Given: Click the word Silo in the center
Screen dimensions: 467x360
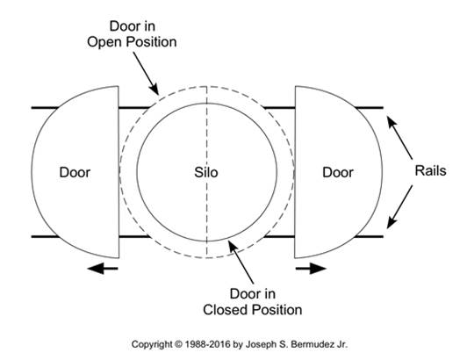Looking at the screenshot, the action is [x=206, y=172].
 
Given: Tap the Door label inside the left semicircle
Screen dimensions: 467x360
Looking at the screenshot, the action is [x=75, y=172].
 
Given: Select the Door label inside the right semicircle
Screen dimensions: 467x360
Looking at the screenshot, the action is [x=338, y=172].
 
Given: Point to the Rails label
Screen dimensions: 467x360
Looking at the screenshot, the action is [x=431, y=170].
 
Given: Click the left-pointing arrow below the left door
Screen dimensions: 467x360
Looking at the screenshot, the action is [x=103, y=269].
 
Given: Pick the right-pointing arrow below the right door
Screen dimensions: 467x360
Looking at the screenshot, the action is [x=311, y=269].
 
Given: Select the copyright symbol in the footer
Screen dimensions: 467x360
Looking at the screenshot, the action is [x=178, y=344].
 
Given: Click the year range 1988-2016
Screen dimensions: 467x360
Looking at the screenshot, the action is [x=207, y=344].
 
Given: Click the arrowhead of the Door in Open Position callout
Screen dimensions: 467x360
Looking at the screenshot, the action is [x=154, y=89].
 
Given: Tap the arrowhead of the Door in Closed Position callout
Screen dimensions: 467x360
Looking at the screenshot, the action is [x=233, y=247].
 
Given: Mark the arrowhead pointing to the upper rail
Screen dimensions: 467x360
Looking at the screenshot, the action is [x=391, y=121].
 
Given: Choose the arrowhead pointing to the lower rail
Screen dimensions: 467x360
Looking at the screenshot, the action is [x=392, y=222].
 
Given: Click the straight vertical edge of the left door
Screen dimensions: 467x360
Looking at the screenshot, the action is [x=119, y=172].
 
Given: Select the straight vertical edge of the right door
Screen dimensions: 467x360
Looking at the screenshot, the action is [x=295, y=172].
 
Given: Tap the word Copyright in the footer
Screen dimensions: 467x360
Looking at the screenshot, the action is [x=152, y=344].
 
